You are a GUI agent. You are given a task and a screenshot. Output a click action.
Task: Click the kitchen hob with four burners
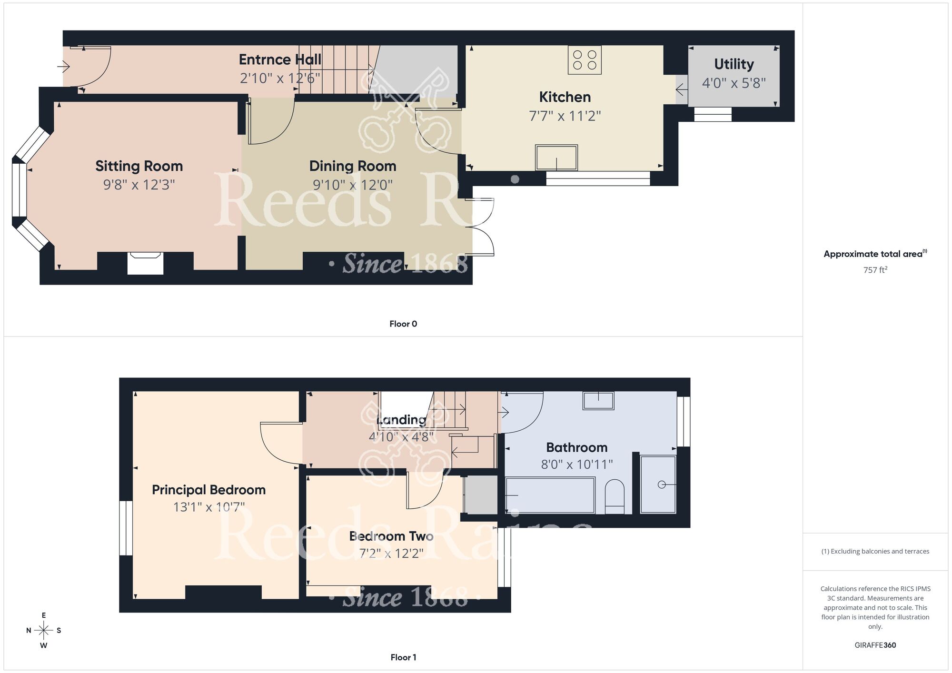(585, 60)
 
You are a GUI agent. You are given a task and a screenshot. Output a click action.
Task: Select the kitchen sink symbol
(556, 158)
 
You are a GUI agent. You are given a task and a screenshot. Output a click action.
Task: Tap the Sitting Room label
(139, 166)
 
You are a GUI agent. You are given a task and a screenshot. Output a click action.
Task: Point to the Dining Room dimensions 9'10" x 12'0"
(353, 185)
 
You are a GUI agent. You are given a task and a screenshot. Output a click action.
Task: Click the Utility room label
(734, 64)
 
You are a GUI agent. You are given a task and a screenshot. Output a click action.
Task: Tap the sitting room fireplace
(145, 263)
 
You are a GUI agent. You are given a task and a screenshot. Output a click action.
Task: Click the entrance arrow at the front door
(63, 66)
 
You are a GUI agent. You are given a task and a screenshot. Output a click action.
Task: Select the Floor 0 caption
(403, 324)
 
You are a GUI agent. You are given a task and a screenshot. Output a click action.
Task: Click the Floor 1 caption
(403, 657)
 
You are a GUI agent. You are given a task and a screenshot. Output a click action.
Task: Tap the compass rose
(44, 631)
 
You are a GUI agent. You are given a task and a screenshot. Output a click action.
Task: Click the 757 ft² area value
(875, 270)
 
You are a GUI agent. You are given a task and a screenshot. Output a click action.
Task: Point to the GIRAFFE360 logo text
(875, 645)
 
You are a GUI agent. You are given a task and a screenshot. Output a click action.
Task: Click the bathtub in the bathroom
(550, 495)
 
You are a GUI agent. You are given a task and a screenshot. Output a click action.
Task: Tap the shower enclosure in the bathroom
(658, 485)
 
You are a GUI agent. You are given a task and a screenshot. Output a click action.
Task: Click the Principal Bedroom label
(208, 490)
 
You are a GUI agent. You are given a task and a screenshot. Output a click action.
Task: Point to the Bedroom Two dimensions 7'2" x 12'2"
(391, 554)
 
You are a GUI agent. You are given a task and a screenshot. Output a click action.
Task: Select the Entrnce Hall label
(280, 59)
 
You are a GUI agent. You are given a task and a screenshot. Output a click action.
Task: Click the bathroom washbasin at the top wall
(598, 400)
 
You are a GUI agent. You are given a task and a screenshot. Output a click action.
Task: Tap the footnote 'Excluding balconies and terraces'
(875, 551)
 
